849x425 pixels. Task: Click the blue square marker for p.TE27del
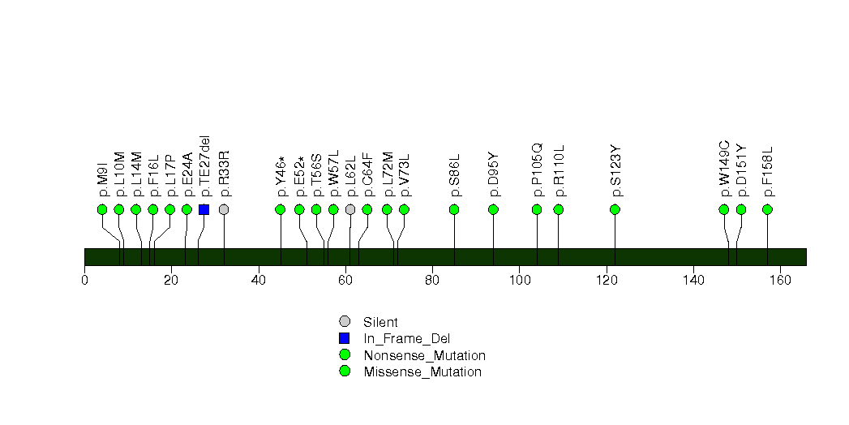[204, 209]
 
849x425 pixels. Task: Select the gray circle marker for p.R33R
[224, 209]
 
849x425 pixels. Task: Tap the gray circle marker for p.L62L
[350, 209]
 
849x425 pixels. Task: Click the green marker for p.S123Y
[615, 209]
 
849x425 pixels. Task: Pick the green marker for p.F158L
[767, 209]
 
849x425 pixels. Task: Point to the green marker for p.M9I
[102, 209]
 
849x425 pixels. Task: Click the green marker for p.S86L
[454, 209]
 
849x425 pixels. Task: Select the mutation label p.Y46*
[281, 177]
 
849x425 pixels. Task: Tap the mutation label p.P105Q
[537, 170]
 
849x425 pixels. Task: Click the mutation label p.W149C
[724, 169]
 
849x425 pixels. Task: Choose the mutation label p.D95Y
[493, 174]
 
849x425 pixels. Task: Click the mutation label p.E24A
[187, 174]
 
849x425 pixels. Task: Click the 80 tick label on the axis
[432, 280]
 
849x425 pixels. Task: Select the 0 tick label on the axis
[84, 280]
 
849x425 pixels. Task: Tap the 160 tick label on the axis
[780, 280]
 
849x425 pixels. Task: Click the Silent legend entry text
[380, 322]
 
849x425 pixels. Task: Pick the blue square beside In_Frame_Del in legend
[345, 338]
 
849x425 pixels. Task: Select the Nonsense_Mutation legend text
[425, 356]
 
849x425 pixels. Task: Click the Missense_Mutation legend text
[422, 372]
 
